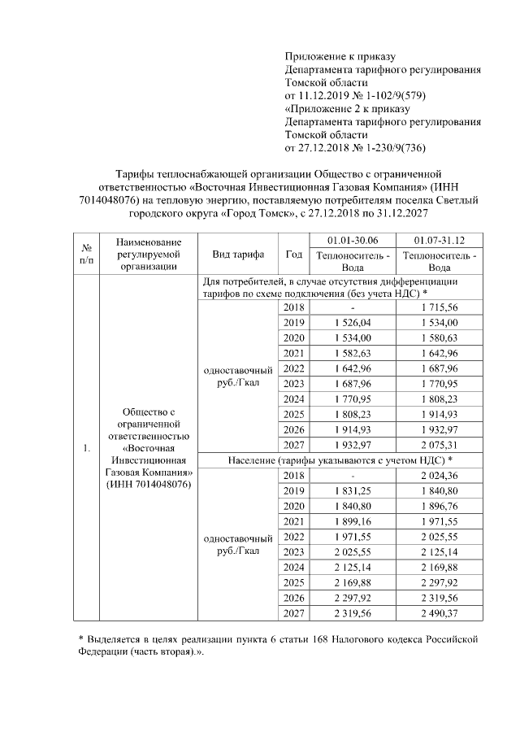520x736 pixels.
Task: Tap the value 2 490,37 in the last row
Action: coord(440,612)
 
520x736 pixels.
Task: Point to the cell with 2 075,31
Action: coord(440,444)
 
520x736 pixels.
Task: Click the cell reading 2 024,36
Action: coord(440,475)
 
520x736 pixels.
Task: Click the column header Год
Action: coord(293,254)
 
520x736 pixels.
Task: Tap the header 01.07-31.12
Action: coord(440,239)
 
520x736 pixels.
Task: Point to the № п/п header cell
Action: coord(85,254)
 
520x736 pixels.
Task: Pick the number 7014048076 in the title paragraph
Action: coord(116,199)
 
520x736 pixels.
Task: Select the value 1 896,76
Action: coord(440,506)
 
